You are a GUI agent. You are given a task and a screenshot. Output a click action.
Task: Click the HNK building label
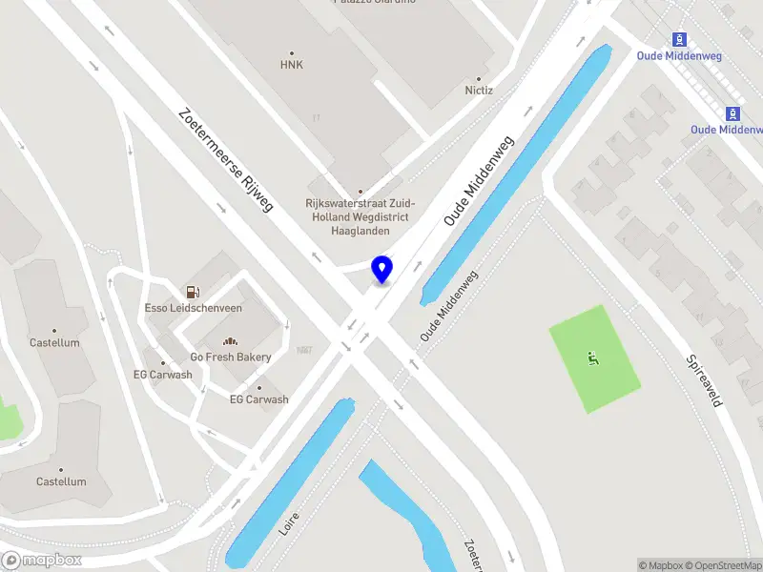tap(291, 65)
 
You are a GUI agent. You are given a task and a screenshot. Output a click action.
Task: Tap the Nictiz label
tap(479, 91)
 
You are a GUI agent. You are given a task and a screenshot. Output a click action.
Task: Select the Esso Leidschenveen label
tap(193, 308)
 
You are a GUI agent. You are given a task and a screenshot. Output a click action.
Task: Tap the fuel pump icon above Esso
tap(193, 291)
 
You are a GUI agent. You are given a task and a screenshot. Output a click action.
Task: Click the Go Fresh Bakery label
tap(230, 357)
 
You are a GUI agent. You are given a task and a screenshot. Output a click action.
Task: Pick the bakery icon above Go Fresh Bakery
tap(230, 341)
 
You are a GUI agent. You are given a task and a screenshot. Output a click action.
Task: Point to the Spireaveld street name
tap(704, 381)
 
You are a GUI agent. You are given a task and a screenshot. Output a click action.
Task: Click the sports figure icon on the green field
tap(592, 358)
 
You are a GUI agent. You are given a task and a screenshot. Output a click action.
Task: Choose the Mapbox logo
tap(42, 561)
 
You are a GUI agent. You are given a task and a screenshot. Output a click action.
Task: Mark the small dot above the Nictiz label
tap(479, 79)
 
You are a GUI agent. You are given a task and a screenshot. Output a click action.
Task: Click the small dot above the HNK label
tap(291, 52)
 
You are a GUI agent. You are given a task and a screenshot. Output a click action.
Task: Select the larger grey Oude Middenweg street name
tap(479, 180)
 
